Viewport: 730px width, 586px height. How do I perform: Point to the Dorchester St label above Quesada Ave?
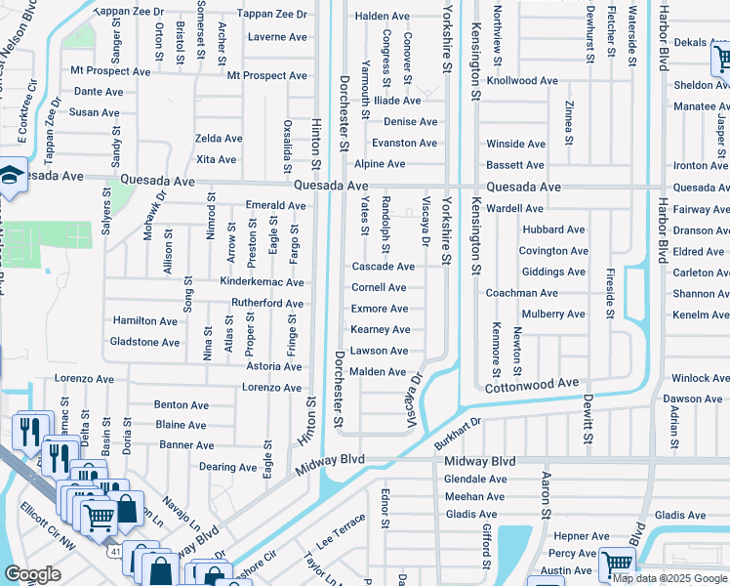(344, 112)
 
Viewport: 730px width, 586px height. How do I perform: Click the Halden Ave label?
(383, 17)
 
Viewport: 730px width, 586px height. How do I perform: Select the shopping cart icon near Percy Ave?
(617, 564)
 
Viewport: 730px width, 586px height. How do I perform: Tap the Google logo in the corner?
(33, 574)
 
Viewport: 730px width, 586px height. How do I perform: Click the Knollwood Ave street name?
(522, 81)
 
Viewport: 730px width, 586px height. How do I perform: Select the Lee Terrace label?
(340, 533)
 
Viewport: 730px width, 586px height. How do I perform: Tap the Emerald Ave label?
(276, 206)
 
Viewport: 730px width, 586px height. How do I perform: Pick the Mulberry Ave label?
(553, 314)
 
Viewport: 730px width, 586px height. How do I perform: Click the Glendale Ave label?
(475, 480)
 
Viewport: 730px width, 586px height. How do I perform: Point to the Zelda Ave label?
(219, 139)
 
